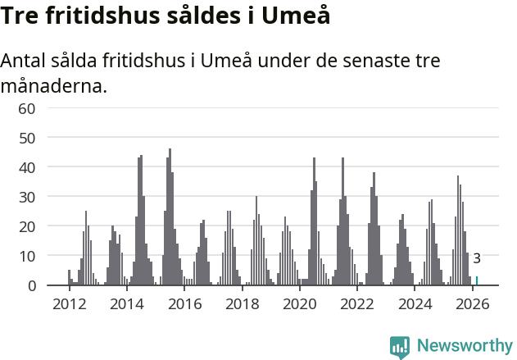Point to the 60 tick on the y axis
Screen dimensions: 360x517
coord(27,108)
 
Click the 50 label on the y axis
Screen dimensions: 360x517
coord(27,138)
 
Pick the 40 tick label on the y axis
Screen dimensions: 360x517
coord(27,167)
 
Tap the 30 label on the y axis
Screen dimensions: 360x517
coord(27,197)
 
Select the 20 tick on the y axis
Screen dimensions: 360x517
coord(27,226)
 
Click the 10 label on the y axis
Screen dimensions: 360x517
coord(27,256)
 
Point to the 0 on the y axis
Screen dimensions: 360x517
coord(32,285)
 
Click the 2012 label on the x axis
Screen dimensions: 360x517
coord(69,304)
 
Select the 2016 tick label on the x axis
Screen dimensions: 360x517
coord(184,304)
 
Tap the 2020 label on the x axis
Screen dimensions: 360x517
coord(300,304)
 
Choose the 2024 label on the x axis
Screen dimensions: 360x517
coord(415,304)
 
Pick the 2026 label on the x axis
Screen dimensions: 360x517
coord(473,304)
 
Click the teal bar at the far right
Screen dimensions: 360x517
coord(477,280)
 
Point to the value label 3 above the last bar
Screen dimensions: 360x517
coord(477,259)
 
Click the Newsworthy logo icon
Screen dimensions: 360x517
coord(400,347)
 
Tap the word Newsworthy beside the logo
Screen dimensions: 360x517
coord(465,346)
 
